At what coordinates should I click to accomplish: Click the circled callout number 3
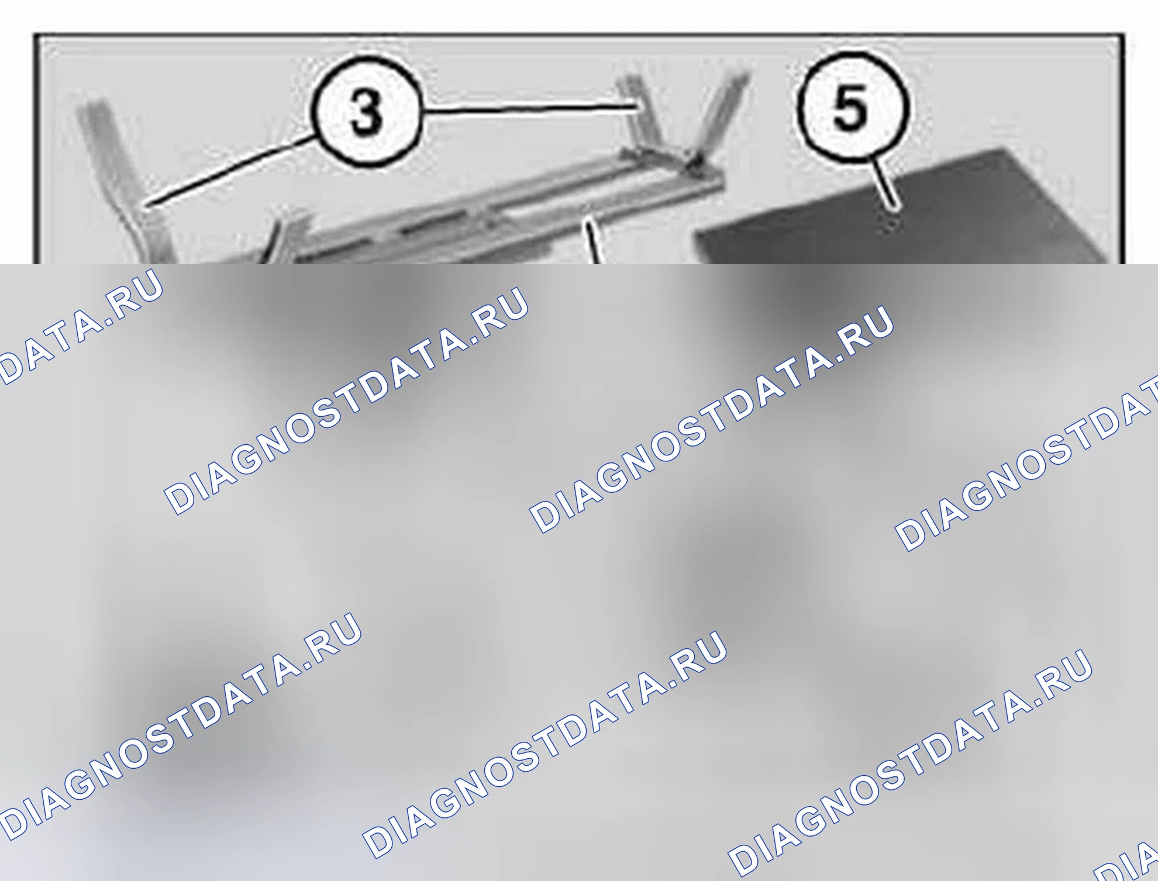point(366,112)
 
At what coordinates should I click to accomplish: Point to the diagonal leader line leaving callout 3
point(231,170)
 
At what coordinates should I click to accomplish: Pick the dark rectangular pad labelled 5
point(907,210)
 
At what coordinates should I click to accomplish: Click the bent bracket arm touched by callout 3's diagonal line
point(123,181)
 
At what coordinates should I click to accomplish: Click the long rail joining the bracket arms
point(497,216)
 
